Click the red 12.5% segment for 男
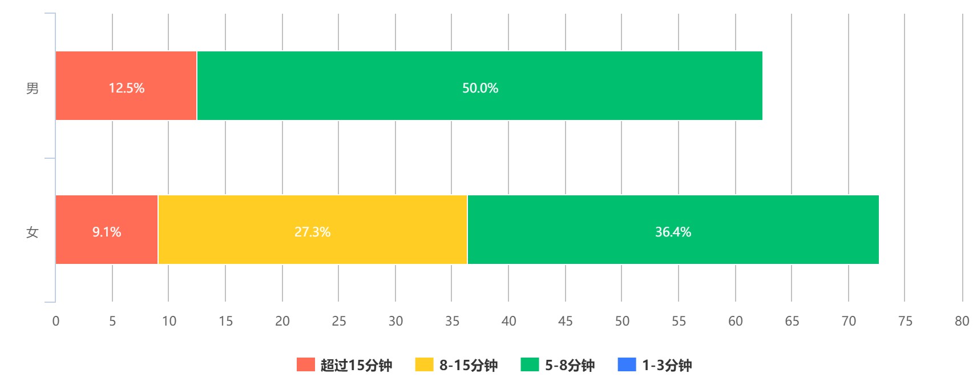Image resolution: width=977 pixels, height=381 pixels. [x=126, y=86]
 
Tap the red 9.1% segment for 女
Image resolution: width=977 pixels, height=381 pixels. [x=107, y=230]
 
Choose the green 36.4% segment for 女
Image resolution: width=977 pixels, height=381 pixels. [x=673, y=230]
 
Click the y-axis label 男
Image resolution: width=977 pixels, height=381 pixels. [x=33, y=88]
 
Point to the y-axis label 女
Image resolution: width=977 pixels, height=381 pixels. [x=33, y=232]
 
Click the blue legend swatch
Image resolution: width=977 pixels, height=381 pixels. [x=627, y=364]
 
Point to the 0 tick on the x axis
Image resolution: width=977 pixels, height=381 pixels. [x=56, y=321]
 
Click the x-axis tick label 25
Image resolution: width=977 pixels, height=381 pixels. [x=339, y=321]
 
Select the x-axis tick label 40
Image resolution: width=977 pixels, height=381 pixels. [x=508, y=321]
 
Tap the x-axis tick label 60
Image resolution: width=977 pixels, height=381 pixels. [x=735, y=321]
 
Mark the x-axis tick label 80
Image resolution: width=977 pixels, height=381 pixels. [x=962, y=321]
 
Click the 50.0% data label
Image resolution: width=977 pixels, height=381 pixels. [x=480, y=88]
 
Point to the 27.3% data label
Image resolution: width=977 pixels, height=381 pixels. [x=312, y=232]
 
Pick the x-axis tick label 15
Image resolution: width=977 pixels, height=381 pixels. [x=225, y=321]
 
